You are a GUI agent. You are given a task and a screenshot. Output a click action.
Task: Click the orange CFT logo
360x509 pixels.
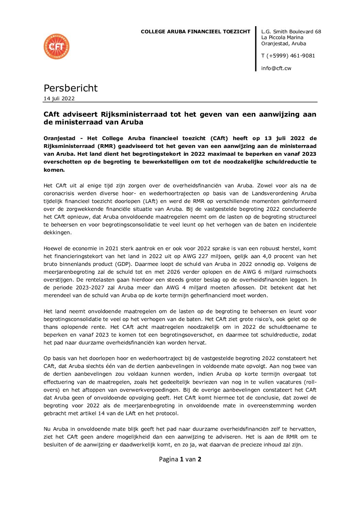coord(56,47)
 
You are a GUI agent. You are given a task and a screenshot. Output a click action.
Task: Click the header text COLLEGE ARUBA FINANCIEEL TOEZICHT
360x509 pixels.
coord(195,32)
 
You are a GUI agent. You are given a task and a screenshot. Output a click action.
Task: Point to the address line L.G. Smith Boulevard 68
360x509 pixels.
coord(291,32)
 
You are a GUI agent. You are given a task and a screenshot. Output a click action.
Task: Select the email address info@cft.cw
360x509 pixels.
coord(276,68)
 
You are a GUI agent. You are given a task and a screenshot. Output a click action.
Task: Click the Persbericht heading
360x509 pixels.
coord(70,88)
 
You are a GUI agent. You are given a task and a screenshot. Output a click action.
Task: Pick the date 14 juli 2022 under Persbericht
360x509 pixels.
coord(59,99)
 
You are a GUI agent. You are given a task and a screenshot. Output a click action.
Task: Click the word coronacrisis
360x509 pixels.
coord(59,193)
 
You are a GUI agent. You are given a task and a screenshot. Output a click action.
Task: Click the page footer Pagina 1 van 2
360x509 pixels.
coord(180,459)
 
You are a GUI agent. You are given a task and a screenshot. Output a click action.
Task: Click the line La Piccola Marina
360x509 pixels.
coord(282,37)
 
